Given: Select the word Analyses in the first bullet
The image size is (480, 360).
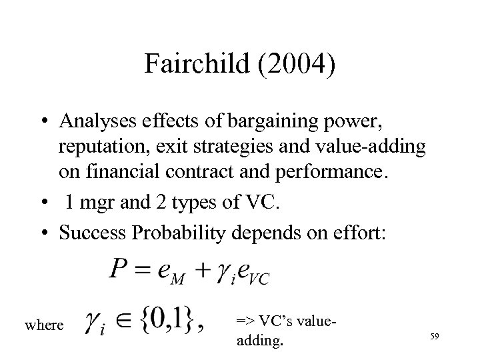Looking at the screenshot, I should click(98, 121).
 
